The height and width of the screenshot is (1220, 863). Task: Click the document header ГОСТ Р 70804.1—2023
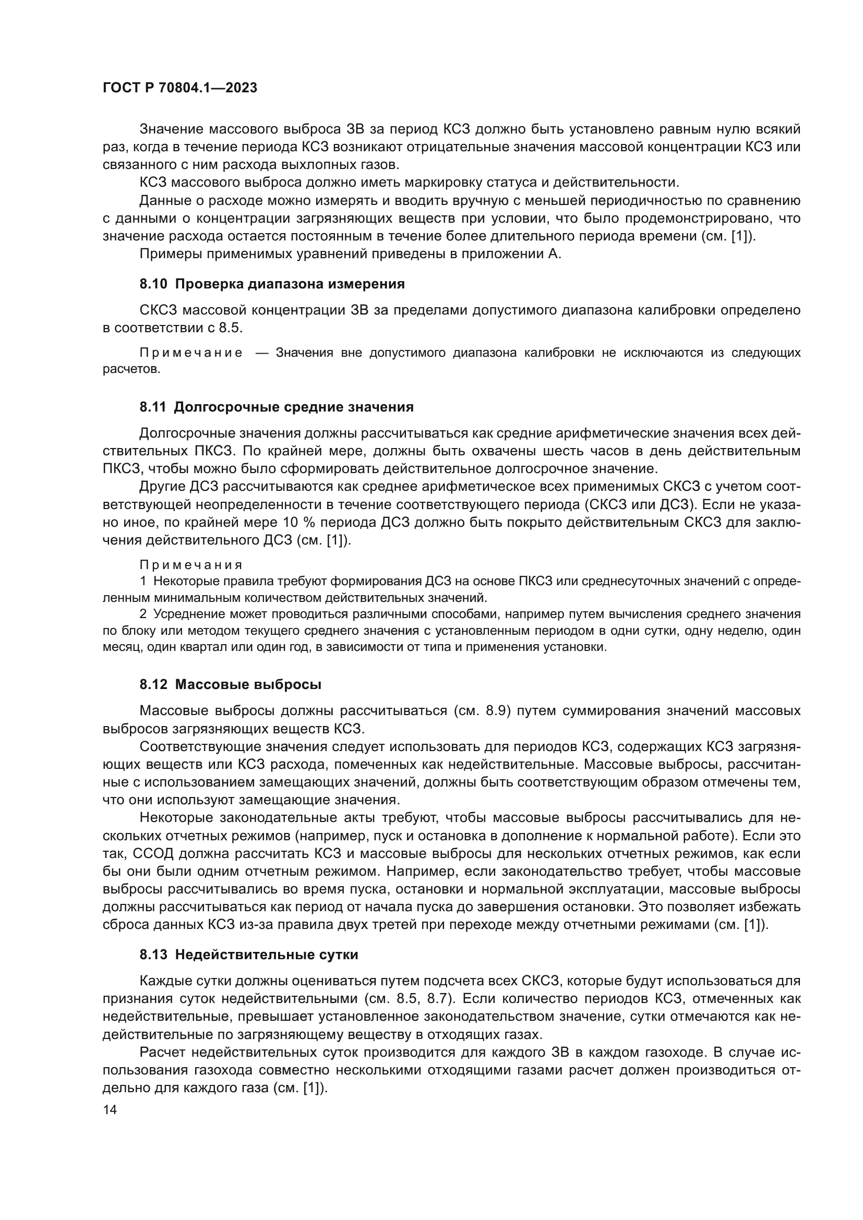(179, 88)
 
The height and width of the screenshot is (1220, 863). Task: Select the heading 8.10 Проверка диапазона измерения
(272, 284)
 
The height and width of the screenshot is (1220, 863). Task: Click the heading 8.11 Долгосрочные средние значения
(277, 407)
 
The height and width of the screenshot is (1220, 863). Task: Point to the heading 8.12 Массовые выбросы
(231, 685)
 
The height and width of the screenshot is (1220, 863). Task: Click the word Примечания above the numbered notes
(191, 565)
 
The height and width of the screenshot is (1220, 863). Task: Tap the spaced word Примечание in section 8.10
(191, 353)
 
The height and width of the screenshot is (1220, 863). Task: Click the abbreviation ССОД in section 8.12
(154, 854)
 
